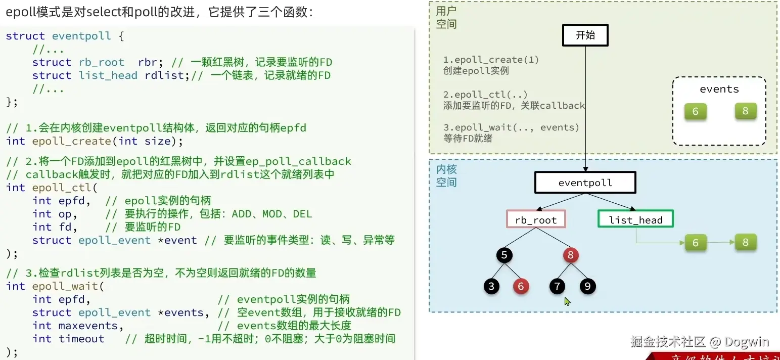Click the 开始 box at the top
pos(585,35)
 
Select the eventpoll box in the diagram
pos(585,183)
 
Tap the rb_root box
pos(536,220)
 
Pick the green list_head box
pos(635,219)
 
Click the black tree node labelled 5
pos(504,255)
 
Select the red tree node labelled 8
pos(570,255)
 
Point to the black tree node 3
pos(491,287)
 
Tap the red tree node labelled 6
pos(520,287)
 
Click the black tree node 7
pos(557,287)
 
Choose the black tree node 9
pos(587,287)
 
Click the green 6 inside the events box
pos(695,111)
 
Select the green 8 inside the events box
pos(745,111)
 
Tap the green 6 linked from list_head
pos(695,243)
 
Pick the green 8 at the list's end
pos(745,242)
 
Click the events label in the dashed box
pos(719,89)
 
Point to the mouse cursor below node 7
pos(567,301)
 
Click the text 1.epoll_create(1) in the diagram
pos(491,60)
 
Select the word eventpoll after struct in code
pos(81,36)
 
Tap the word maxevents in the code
pos(88,326)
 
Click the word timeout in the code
pos(81,339)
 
